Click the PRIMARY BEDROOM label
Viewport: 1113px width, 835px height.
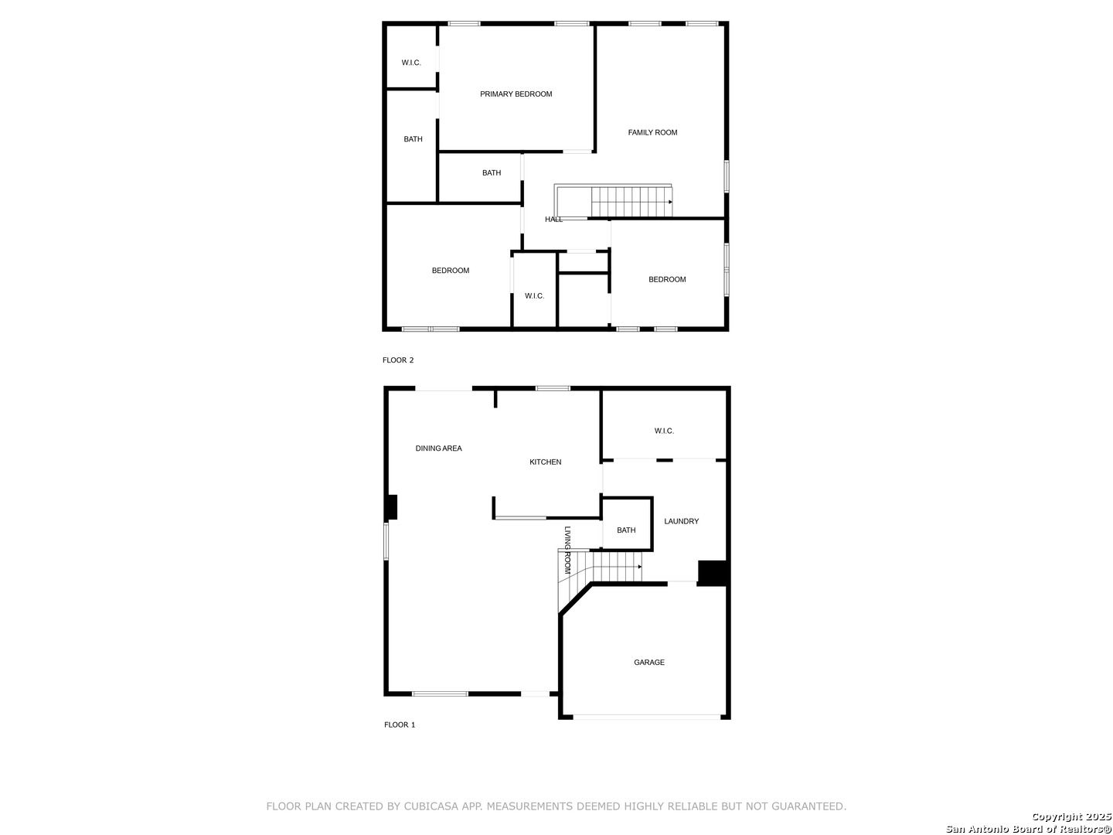point(516,94)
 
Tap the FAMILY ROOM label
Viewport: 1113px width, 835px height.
point(652,133)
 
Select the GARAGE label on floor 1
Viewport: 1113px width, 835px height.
point(649,663)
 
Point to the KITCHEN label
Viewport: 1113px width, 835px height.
point(545,462)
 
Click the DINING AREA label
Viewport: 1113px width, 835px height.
point(438,448)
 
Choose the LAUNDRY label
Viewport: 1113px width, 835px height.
point(681,522)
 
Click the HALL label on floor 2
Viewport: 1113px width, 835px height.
point(553,220)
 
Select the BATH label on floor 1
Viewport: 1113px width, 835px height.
point(626,530)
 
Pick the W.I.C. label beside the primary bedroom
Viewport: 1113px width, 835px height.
point(411,63)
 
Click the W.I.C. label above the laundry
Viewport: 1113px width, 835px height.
point(664,431)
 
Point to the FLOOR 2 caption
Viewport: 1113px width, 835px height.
point(398,360)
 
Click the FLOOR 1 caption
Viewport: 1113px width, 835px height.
point(400,725)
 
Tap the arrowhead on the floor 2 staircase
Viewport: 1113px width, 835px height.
point(670,202)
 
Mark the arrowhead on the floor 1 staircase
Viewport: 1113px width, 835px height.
point(639,567)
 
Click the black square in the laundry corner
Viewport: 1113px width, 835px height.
point(713,573)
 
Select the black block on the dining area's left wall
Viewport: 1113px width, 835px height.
point(391,507)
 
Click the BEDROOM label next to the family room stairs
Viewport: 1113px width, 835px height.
point(667,280)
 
